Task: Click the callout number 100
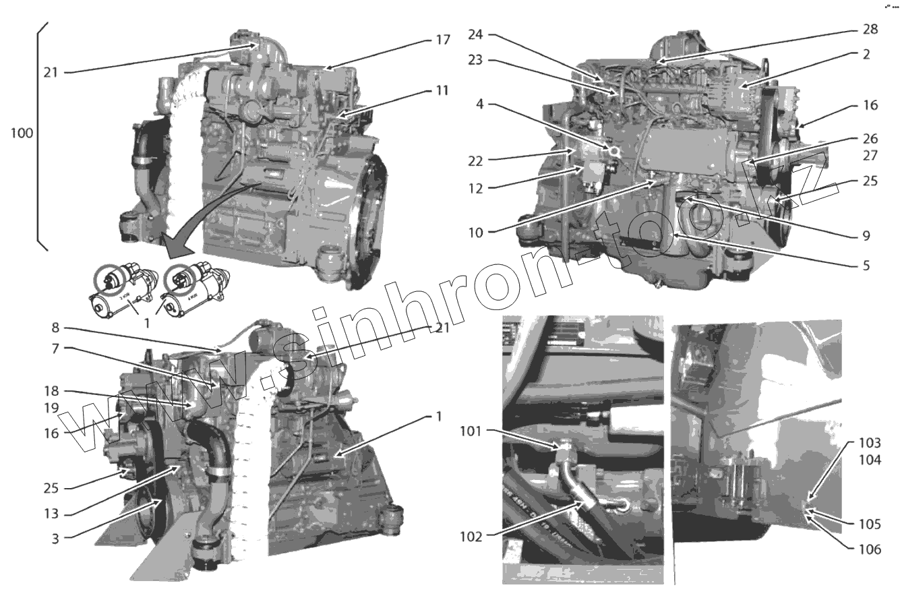[22, 133]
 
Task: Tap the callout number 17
[442, 40]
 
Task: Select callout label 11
[442, 90]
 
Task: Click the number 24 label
[477, 34]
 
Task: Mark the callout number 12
[476, 189]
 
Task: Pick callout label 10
[476, 233]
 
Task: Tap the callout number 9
[866, 237]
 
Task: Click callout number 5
[866, 266]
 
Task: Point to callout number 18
[51, 391]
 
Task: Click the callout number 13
[51, 514]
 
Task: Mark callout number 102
[472, 537]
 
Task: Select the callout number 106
[870, 549]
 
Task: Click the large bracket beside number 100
[42, 135]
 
